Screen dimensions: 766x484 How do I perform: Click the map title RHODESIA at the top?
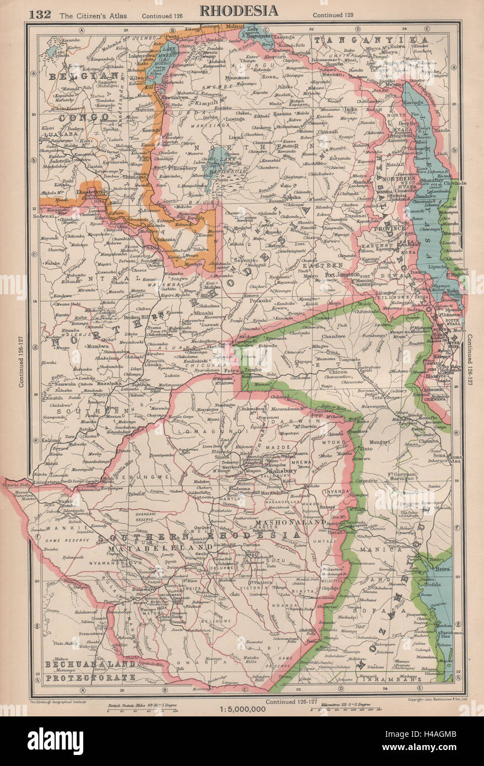click(x=238, y=10)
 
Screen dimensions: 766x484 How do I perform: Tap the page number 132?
click(x=40, y=14)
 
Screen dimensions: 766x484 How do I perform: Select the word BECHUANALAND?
click(x=89, y=666)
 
